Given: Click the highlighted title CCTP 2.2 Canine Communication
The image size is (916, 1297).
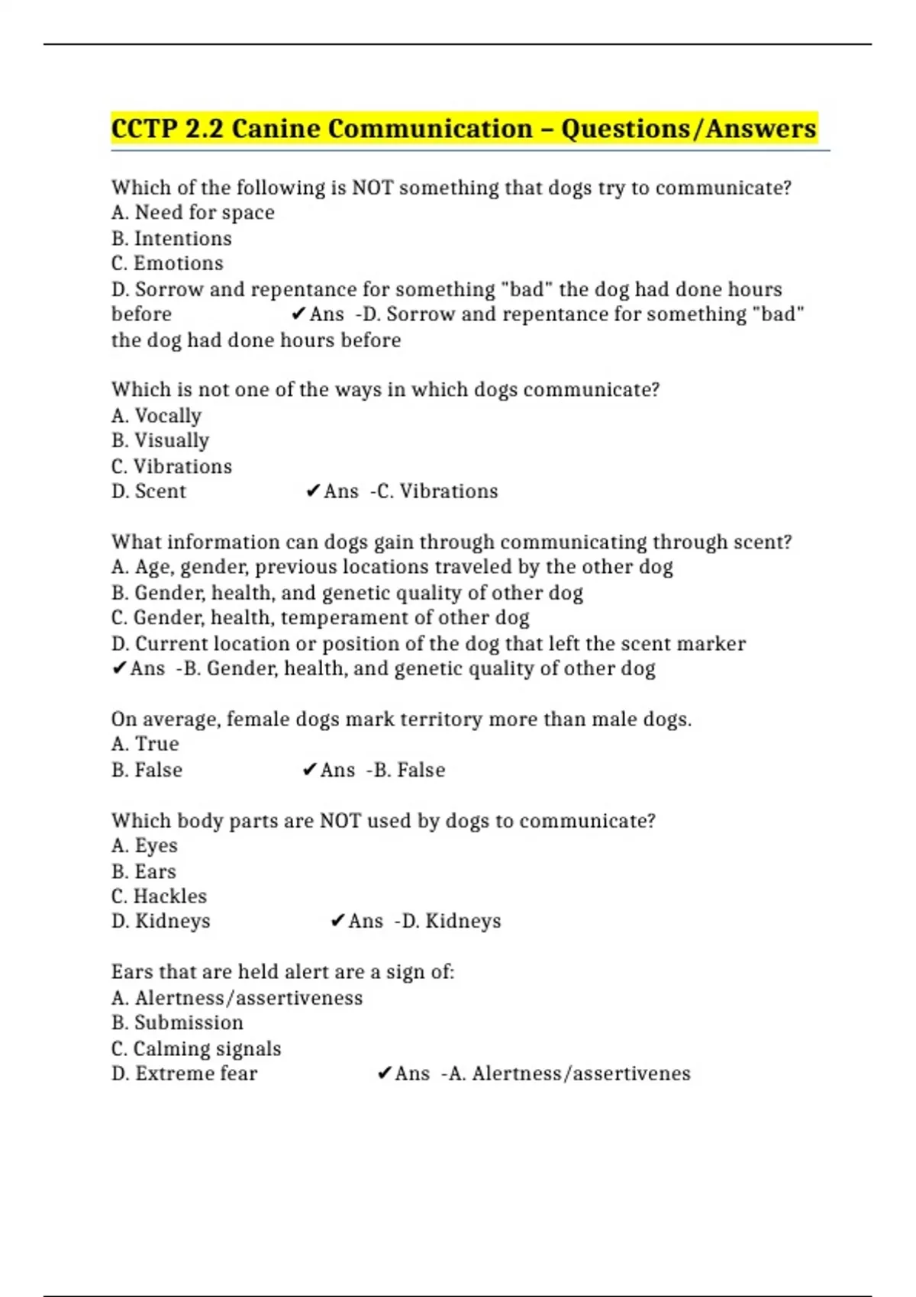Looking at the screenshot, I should click(x=463, y=129).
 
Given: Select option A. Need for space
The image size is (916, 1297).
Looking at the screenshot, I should click(x=192, y=213).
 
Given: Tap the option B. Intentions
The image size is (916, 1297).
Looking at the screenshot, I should click(x=171, y=239).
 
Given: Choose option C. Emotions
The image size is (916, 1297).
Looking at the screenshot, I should click(x=167, y=263).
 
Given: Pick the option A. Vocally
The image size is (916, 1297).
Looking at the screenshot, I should click(x=156, y=416).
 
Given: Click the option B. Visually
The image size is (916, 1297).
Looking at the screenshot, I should click(x=160, y=441).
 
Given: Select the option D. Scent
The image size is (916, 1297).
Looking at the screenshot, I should click(x=148, y=491).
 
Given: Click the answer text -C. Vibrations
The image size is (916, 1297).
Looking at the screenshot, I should click(x=434, y=491).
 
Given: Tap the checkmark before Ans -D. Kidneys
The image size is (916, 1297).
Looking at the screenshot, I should click(x=337, y=922).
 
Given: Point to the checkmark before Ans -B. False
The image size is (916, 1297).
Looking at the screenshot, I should click(x=309, y=771).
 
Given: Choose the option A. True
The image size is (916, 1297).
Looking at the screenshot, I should click(x=145, y=744).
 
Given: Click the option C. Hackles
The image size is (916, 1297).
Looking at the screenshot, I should click(x=159, y=896).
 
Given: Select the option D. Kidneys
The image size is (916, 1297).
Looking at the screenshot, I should click(x=160, y=922).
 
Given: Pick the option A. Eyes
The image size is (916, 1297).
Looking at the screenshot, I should click(x=144, y=846).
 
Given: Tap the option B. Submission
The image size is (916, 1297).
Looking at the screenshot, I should click(x=177, y=1023).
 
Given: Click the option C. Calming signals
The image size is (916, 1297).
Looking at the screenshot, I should click(x=196, y=1049).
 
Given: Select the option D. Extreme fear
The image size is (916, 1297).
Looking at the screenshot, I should click(x=184, y=1073).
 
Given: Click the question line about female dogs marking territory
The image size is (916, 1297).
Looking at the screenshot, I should click(x=401, y=719).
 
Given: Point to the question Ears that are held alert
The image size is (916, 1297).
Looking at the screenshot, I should click(x=282, y=972).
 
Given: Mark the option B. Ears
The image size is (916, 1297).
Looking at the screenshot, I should click(x=144, y=872).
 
